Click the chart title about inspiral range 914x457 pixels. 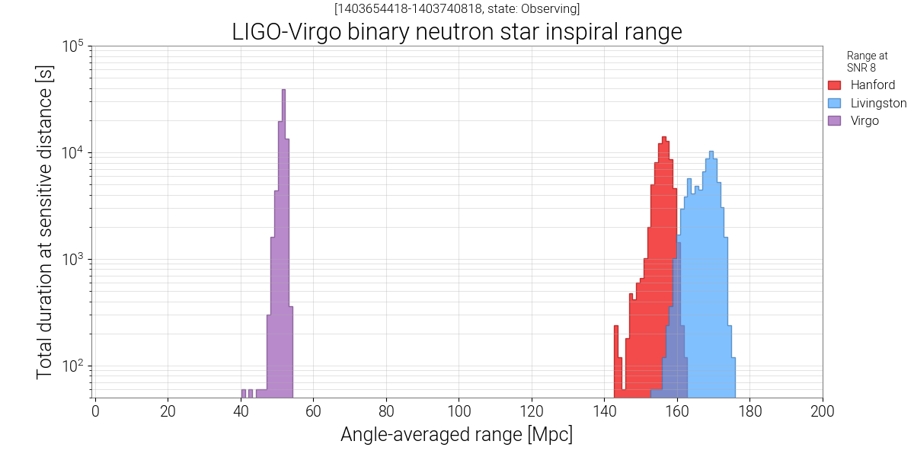click(x=456, y=32)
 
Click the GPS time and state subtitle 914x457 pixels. click(x=457, y=9)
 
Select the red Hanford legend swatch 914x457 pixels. click(x=834, y=85)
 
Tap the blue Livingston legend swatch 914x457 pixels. click(x=834, y=103)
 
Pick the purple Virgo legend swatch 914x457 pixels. click(x=834, y=120)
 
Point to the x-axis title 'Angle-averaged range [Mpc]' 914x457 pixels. click(x=456, y=435)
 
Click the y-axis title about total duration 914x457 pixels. click(x=46, y=221)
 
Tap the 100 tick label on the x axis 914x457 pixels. click(x=459, y=412)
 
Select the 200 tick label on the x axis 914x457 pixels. click(x=822, y=412)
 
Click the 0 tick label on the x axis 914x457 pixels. click(x=95, y=412)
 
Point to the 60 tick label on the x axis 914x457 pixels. click(x=313, y=412)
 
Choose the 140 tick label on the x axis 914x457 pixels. click(x=604, y=412)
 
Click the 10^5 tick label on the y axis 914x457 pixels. click(x=72, y=47)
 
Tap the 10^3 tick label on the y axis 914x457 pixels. click(x=72, y=260)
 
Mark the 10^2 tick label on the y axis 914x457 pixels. click(x=72, y=366)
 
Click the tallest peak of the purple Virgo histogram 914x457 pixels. click(x=283, y=91)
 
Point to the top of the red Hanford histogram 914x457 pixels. click(x=664, y=138)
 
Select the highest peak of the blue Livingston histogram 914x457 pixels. click(x=711, y=152)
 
